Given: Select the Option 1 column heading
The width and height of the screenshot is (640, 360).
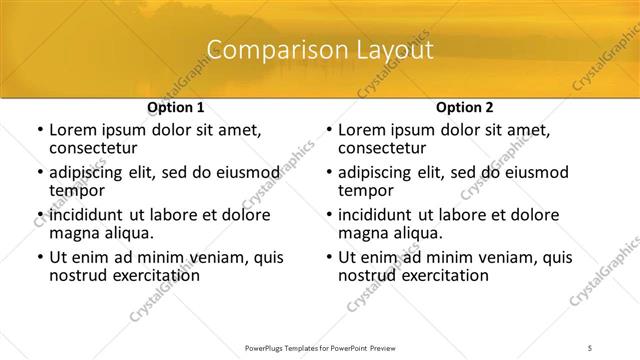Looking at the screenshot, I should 176,107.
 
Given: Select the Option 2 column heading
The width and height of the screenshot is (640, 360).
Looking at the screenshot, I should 465,107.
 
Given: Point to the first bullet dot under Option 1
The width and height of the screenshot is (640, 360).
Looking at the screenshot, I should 39,130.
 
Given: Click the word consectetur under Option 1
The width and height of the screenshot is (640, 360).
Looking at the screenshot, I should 96,149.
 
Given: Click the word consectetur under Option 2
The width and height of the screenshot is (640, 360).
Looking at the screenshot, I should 385,149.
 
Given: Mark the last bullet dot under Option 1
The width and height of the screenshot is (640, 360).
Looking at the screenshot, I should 39,257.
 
